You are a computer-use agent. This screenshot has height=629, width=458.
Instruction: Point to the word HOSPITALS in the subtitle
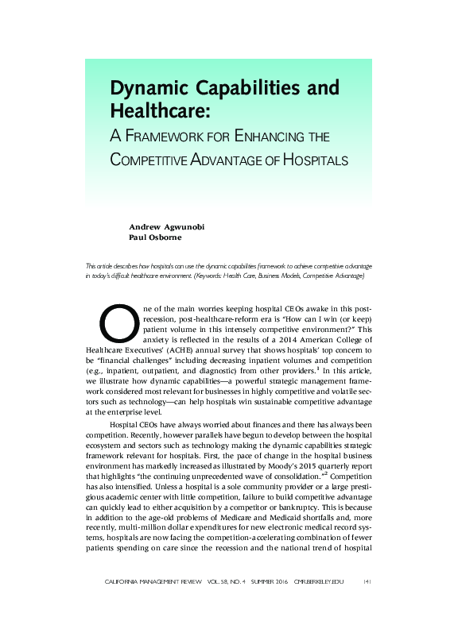point(315,160)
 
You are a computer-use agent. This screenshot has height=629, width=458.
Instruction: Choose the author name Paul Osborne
point(155,237)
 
